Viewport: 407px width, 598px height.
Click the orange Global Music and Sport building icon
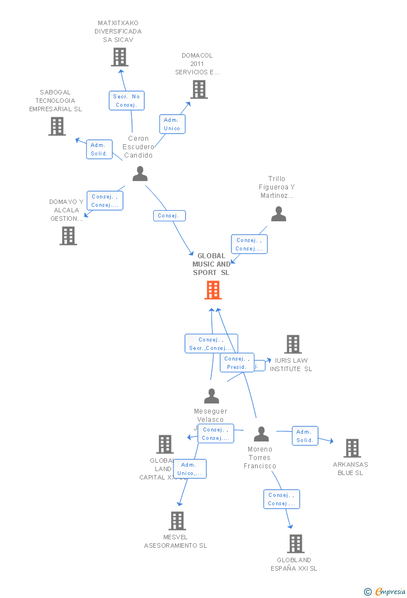click(212, 290)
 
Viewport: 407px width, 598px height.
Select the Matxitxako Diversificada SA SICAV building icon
click(119, 57)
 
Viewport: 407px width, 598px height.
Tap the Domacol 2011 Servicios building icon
click(198, 89)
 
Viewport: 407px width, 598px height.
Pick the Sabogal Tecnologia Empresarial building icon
click(56, 126)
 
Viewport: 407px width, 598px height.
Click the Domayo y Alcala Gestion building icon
click(68, 236)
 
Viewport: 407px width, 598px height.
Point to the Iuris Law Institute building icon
click(293, 344)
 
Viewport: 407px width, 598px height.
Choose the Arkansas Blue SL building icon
click(352, 448)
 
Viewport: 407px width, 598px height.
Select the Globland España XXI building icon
click(295, 543)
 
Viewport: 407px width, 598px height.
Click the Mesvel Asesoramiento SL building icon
click(177, 521)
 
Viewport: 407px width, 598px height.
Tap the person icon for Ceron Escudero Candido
click(140, 174)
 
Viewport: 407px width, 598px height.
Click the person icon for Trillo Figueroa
click(278, 214)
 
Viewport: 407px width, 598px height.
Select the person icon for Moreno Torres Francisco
click(261, 434)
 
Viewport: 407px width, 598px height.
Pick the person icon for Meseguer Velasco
click(211, 396)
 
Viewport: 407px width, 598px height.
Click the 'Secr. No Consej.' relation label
click(126, 101)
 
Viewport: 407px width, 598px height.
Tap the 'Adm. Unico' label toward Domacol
click(172, 124)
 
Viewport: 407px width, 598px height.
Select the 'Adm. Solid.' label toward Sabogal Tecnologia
click(99, 149)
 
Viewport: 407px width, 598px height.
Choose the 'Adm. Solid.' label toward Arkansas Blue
click(305, 436)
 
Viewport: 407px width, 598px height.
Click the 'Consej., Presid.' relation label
click(237, 363)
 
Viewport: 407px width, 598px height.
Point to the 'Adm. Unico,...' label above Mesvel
click(190, 469)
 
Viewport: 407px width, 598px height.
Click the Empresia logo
click(386, 591)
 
